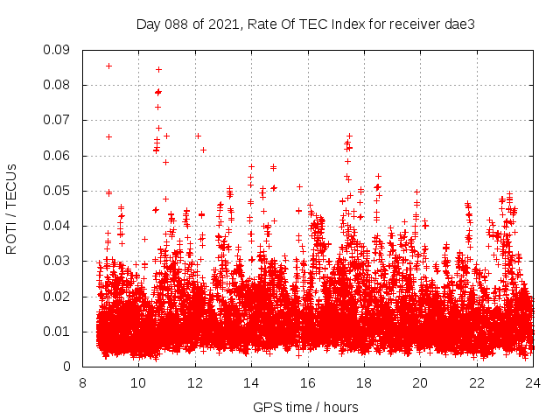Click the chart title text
(x=305, y=24)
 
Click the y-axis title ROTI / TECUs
(x=11, y=208)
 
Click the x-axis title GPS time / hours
(x=305, y=407)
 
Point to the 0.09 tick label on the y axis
(x=57, y=50)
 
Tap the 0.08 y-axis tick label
(x=57, y=85)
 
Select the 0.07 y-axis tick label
(x=57, y=120)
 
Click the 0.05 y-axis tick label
(x=57, y=191)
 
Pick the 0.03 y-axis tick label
(x=57, y=261)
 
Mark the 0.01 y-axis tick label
(x=57, y=332)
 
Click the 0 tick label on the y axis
(x=67, y=367)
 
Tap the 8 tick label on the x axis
(x=82, y=382)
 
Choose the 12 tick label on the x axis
(x=195, y=382)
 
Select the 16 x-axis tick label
(x=307, y=382)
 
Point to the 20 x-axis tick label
(x=420, y=382)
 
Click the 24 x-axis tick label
(x=532, y=382)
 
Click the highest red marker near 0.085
(x=108, y=66)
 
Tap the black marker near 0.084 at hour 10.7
(x=158, y=69)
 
